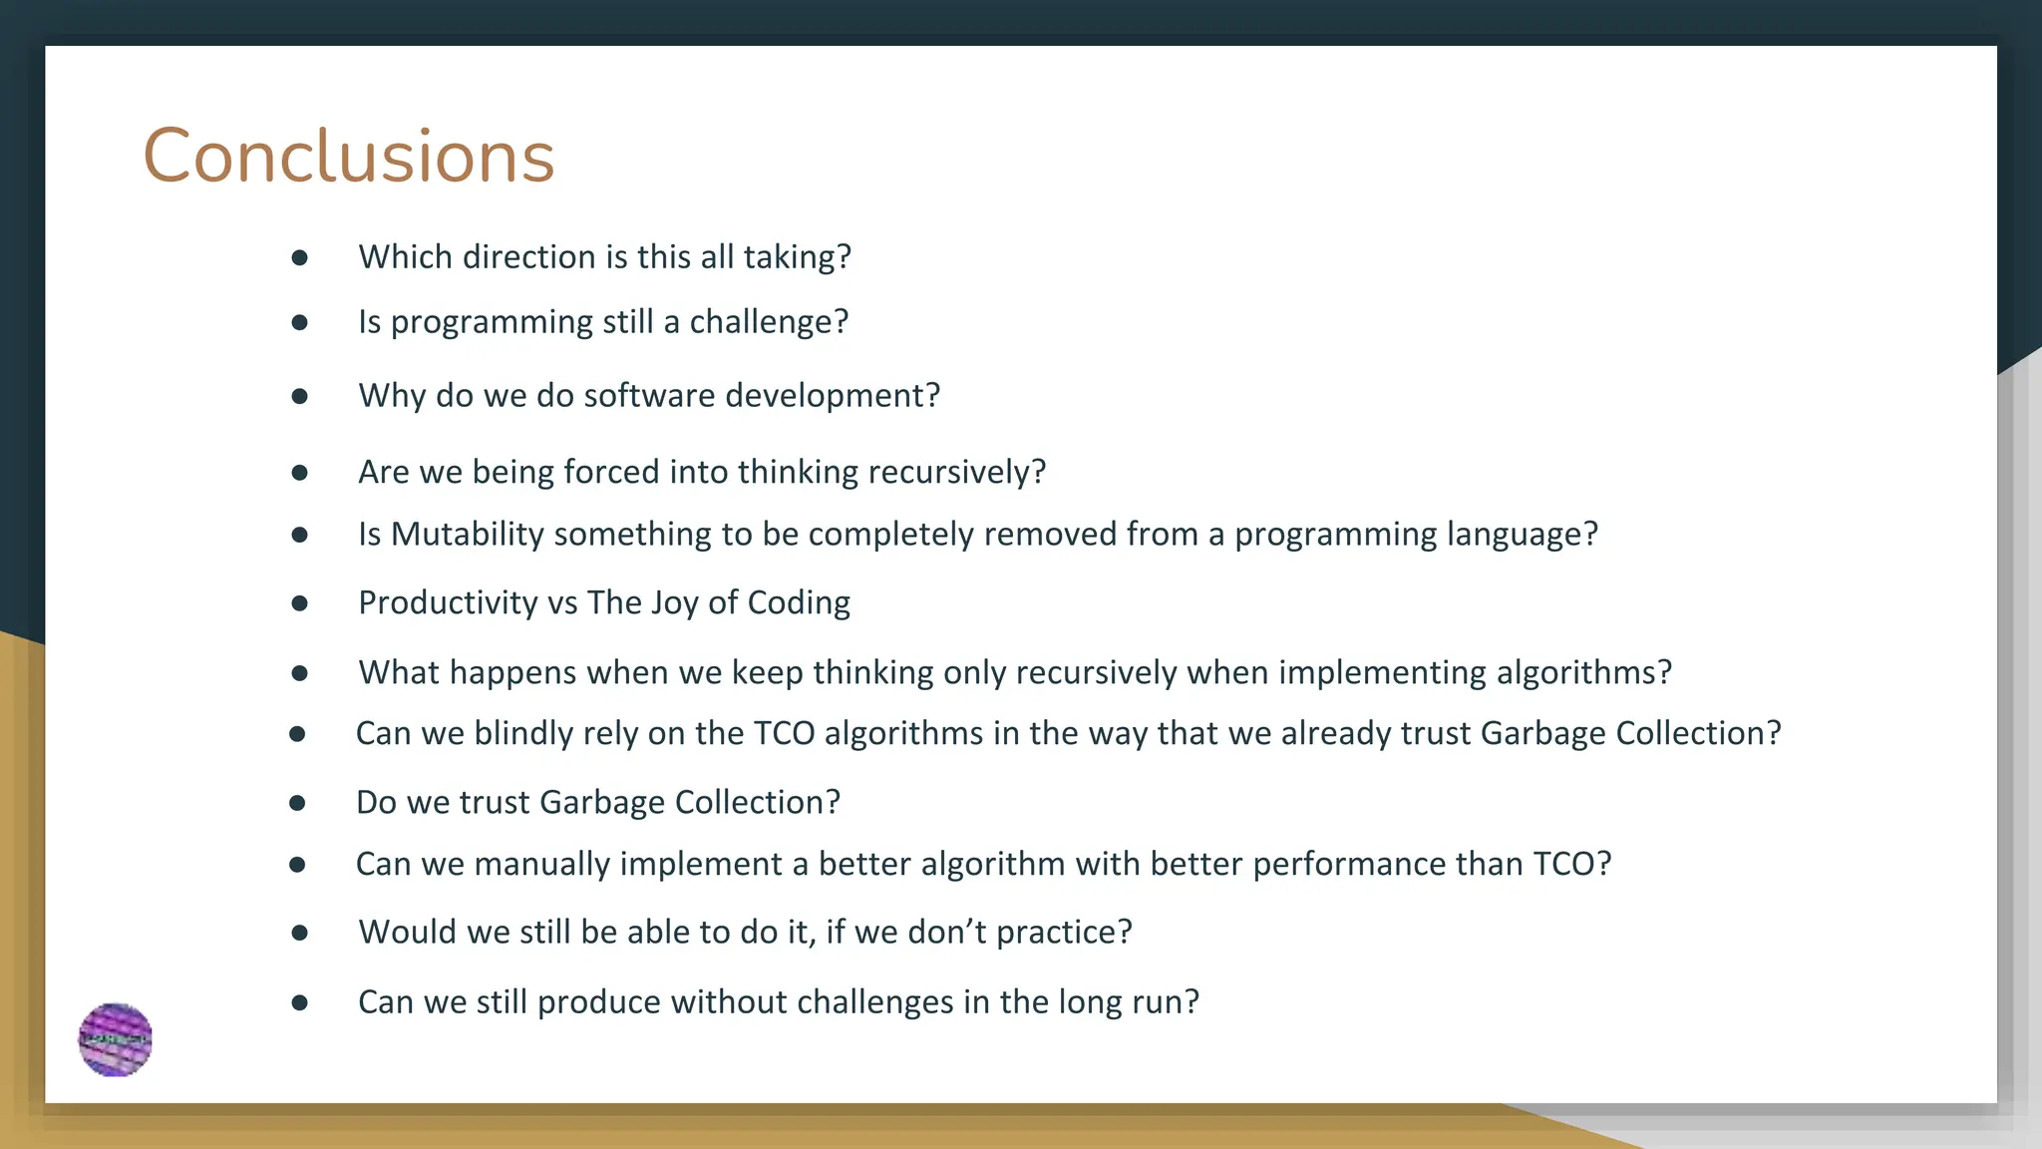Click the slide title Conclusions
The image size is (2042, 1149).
348,157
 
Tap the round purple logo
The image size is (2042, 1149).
116,1039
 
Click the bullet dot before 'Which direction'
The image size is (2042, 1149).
299,258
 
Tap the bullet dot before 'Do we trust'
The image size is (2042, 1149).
297,803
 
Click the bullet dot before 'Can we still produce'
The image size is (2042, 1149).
299,1002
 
